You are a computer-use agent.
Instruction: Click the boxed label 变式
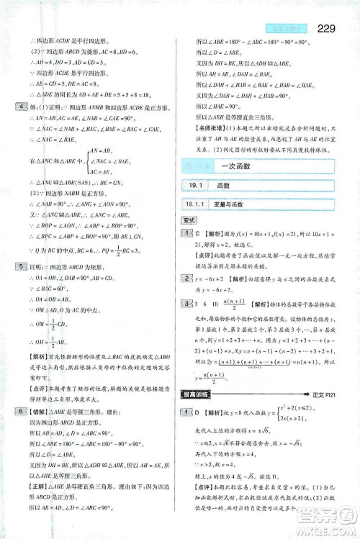189,221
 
